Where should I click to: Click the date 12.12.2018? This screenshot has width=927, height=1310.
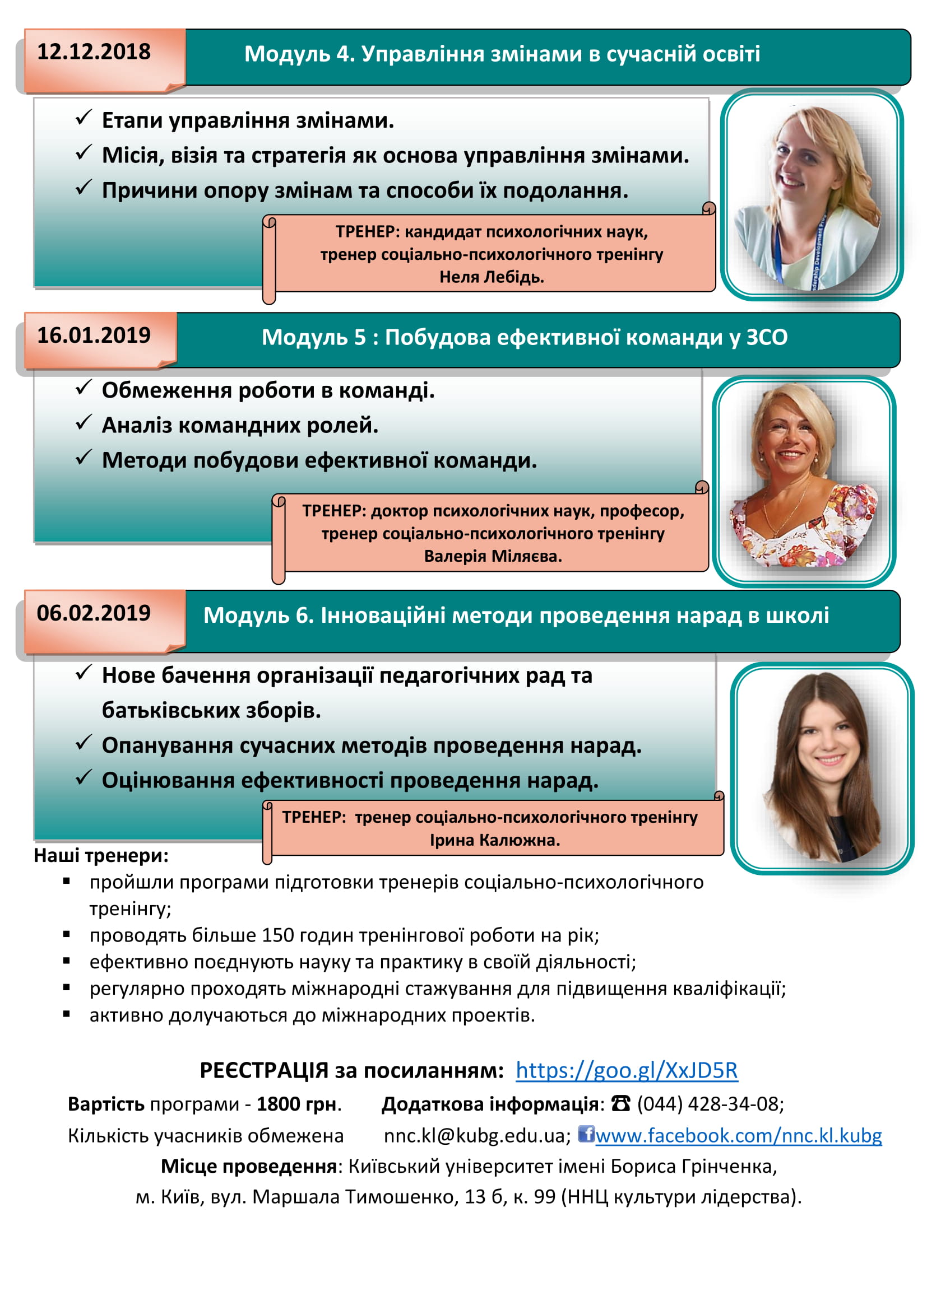(94, 52)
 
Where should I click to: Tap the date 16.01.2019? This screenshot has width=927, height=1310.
(94, 335)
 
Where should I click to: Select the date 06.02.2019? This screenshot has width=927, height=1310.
(94, 613)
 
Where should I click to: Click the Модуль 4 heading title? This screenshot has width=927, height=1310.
(502, 54)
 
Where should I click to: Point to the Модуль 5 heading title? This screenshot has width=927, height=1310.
(524, 337)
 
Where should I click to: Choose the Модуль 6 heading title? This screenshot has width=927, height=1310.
(516, 616)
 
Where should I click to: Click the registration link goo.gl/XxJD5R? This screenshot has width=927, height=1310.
(626, 1070)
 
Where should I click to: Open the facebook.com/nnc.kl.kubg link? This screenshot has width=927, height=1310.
(738, 1135)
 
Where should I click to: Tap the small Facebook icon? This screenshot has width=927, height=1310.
(586, 1133)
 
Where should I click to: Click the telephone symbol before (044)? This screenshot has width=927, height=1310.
(620, 1103)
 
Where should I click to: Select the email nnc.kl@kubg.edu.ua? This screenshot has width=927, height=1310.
(476, 1136)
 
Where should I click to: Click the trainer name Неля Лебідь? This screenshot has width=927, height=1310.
(492, 277)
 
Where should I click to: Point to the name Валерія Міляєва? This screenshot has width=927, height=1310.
(493, 556)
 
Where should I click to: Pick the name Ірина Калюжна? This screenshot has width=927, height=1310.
(495, 840)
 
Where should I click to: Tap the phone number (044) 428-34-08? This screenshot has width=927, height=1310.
(710, 1104)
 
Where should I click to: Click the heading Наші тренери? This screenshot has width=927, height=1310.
(101, 856)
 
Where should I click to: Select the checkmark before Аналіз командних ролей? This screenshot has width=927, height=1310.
(84, 423)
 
